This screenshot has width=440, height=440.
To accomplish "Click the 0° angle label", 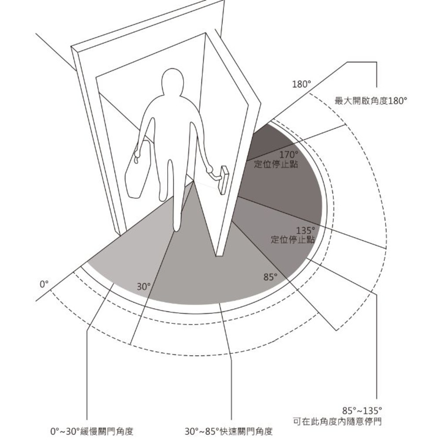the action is point(44,284).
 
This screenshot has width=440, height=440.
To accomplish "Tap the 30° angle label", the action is point(144,287).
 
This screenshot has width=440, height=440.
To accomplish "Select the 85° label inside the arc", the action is point(270,277).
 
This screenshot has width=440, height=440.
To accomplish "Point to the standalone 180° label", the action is point(302,84).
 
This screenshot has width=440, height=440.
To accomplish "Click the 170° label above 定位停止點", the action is point(289,154).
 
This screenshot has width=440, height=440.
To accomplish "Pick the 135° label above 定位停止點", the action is point(306,231).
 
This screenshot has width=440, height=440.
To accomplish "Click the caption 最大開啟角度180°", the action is point(370,100).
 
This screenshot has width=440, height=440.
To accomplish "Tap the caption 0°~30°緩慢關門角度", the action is point(92,431).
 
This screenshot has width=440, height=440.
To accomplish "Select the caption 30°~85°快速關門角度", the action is point(229,431).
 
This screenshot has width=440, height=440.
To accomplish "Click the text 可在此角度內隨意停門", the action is point(337,421).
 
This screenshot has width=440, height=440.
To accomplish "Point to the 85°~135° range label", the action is point(362,411).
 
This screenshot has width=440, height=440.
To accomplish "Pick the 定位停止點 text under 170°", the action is point(276,164).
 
